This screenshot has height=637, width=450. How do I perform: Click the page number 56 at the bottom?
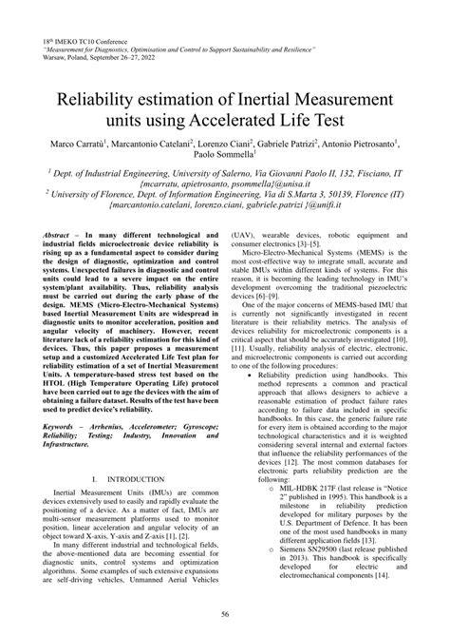(x=225, y=615)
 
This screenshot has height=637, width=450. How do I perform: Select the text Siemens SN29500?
(x=308, y=563)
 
